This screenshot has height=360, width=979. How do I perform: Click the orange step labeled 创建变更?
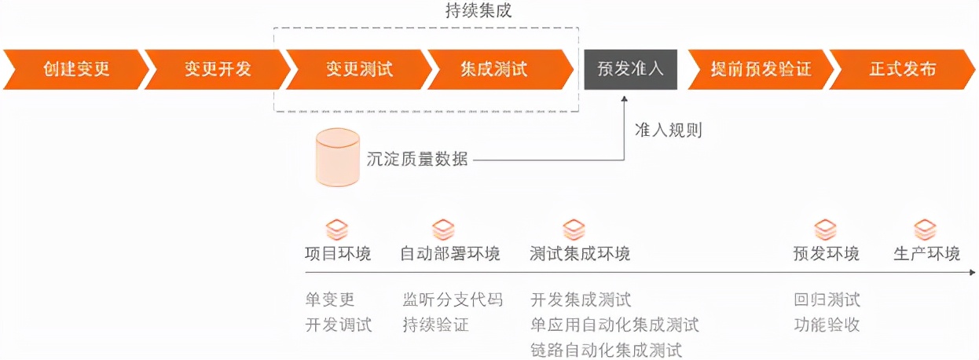point(76,69)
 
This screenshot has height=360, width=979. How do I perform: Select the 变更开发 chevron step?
point(218,69)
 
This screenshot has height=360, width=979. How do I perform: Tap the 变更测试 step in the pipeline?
point(359,69)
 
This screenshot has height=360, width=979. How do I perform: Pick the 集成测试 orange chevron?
point(500,69)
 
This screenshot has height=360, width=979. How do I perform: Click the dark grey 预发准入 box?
point(631,69)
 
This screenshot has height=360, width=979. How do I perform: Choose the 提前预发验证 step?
point(761,69)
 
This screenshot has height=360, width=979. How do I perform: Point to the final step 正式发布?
point(903,69)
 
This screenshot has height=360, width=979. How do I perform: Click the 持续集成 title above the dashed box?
point(478,10)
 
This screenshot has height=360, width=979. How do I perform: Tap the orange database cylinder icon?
point(338,157)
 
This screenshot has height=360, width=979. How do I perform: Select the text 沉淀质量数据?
point(417,160)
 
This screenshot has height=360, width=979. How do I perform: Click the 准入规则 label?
point(669,130)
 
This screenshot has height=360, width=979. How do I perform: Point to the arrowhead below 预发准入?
point(625,99)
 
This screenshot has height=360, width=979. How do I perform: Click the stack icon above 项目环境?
point(337,230)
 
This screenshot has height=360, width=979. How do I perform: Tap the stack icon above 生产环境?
point(926,230)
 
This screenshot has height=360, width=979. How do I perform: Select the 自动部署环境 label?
point(450,254)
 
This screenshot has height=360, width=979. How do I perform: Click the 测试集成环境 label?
point(580,254)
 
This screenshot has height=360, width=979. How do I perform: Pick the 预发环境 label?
point(827,254)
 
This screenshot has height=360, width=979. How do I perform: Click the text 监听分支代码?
point(453,299)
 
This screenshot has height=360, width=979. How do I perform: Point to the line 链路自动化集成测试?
point(607,351)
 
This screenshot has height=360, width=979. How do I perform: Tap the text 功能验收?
point(827,325)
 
